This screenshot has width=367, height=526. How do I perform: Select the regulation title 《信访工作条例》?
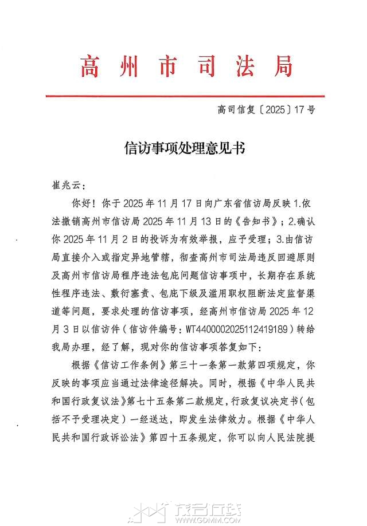point(129,364)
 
